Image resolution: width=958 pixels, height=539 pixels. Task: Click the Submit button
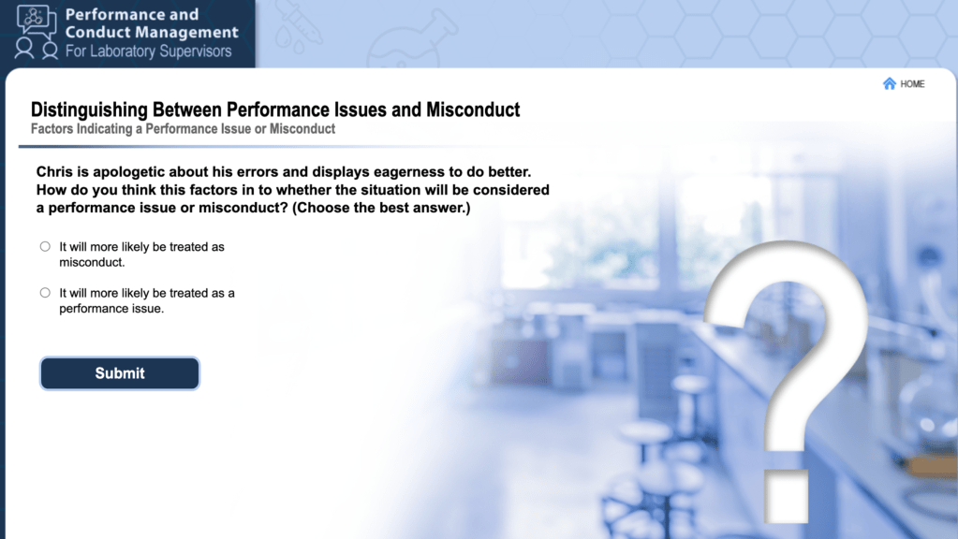pyautogui.click(x=120, y=373)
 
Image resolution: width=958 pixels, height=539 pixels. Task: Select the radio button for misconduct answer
pyautogui.click(x=45, y=247)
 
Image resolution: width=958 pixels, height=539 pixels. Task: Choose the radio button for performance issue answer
pyautogui.click(x=45, y=293)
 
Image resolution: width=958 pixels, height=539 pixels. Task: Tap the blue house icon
pyautogui.click(x=890, y=83)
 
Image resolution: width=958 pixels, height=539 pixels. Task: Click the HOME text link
pyautogui.click(x=912, y=84)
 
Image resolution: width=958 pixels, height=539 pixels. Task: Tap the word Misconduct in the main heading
pyautogui.click(x=473, y=109)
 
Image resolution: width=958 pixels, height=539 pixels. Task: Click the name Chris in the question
pyautogui.click(x=54, y=171)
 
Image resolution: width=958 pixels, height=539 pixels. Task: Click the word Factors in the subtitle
pyautogui.click(x=52, y=129)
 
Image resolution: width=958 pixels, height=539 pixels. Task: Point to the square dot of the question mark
pyautogui.click(x=787, y=496)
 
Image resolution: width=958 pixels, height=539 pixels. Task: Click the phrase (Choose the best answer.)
pyautogui.click(x=381, y=208)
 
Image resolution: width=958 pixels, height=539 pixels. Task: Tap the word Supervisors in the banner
pyautogui.click(x=200, y=51)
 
